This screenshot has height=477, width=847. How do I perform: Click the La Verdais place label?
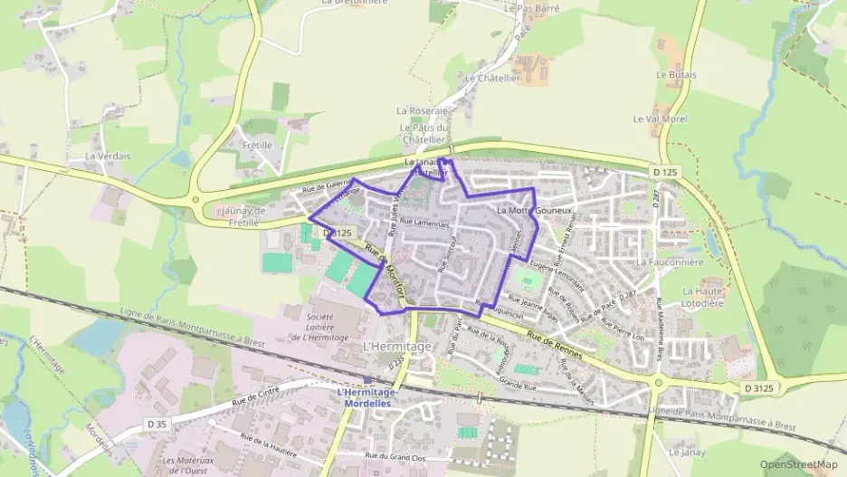108,156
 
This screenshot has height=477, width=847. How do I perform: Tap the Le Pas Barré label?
532,8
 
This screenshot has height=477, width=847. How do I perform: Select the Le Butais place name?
673,74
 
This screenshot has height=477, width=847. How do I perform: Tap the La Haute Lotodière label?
703,297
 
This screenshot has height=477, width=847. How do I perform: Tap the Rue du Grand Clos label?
396,455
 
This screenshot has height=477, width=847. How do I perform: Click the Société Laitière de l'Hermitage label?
319,327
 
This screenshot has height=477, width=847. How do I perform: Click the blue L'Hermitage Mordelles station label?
366,397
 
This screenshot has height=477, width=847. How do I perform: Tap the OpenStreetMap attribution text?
798,463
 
